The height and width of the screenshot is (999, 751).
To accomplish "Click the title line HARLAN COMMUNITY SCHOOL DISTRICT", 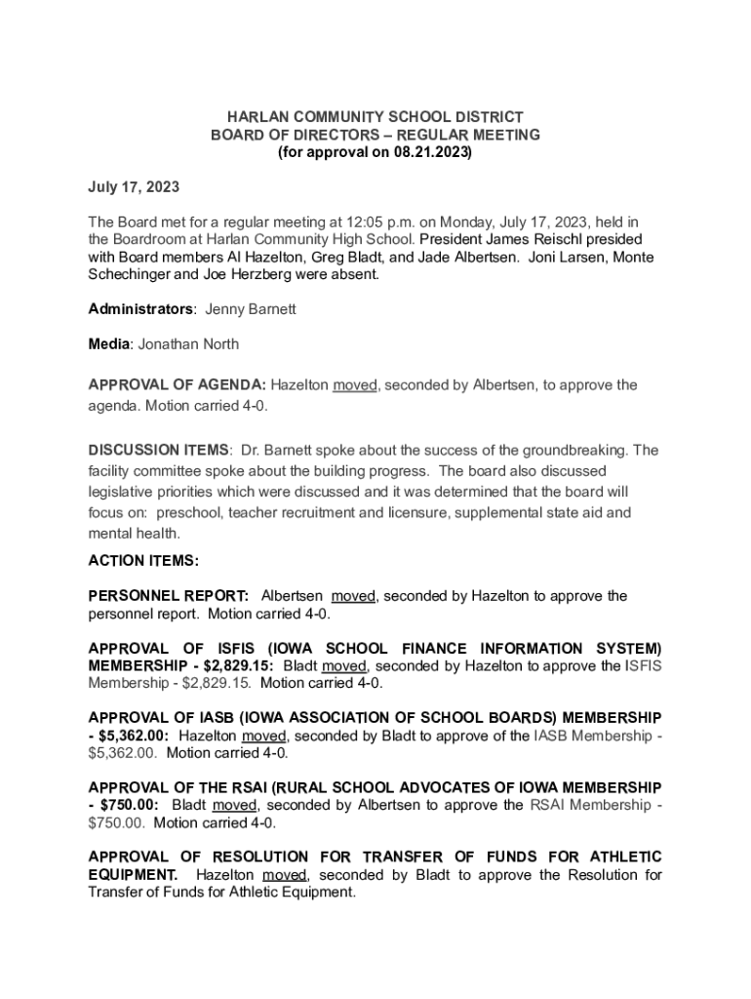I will click(x=375, y=117).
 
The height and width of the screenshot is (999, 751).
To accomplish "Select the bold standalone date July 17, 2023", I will click(x=134, y=186).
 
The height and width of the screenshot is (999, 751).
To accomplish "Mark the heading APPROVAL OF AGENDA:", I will click(x=177, y=385).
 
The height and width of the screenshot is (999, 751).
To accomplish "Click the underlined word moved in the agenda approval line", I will click(x=354, y=385).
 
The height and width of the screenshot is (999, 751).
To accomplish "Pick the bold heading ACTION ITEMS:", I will click(x=143, y=561).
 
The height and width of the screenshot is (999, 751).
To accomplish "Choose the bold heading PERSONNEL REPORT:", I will click(x=169, y=596).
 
